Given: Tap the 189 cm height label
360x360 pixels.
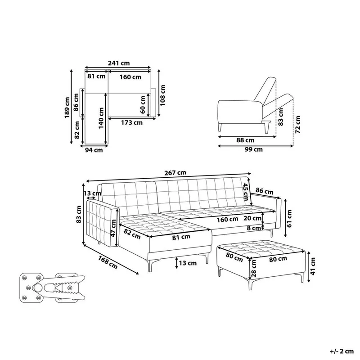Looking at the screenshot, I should [67, 108].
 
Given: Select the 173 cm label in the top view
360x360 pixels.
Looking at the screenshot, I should [131, 122].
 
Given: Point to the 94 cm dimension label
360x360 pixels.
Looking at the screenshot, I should [94, 150].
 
